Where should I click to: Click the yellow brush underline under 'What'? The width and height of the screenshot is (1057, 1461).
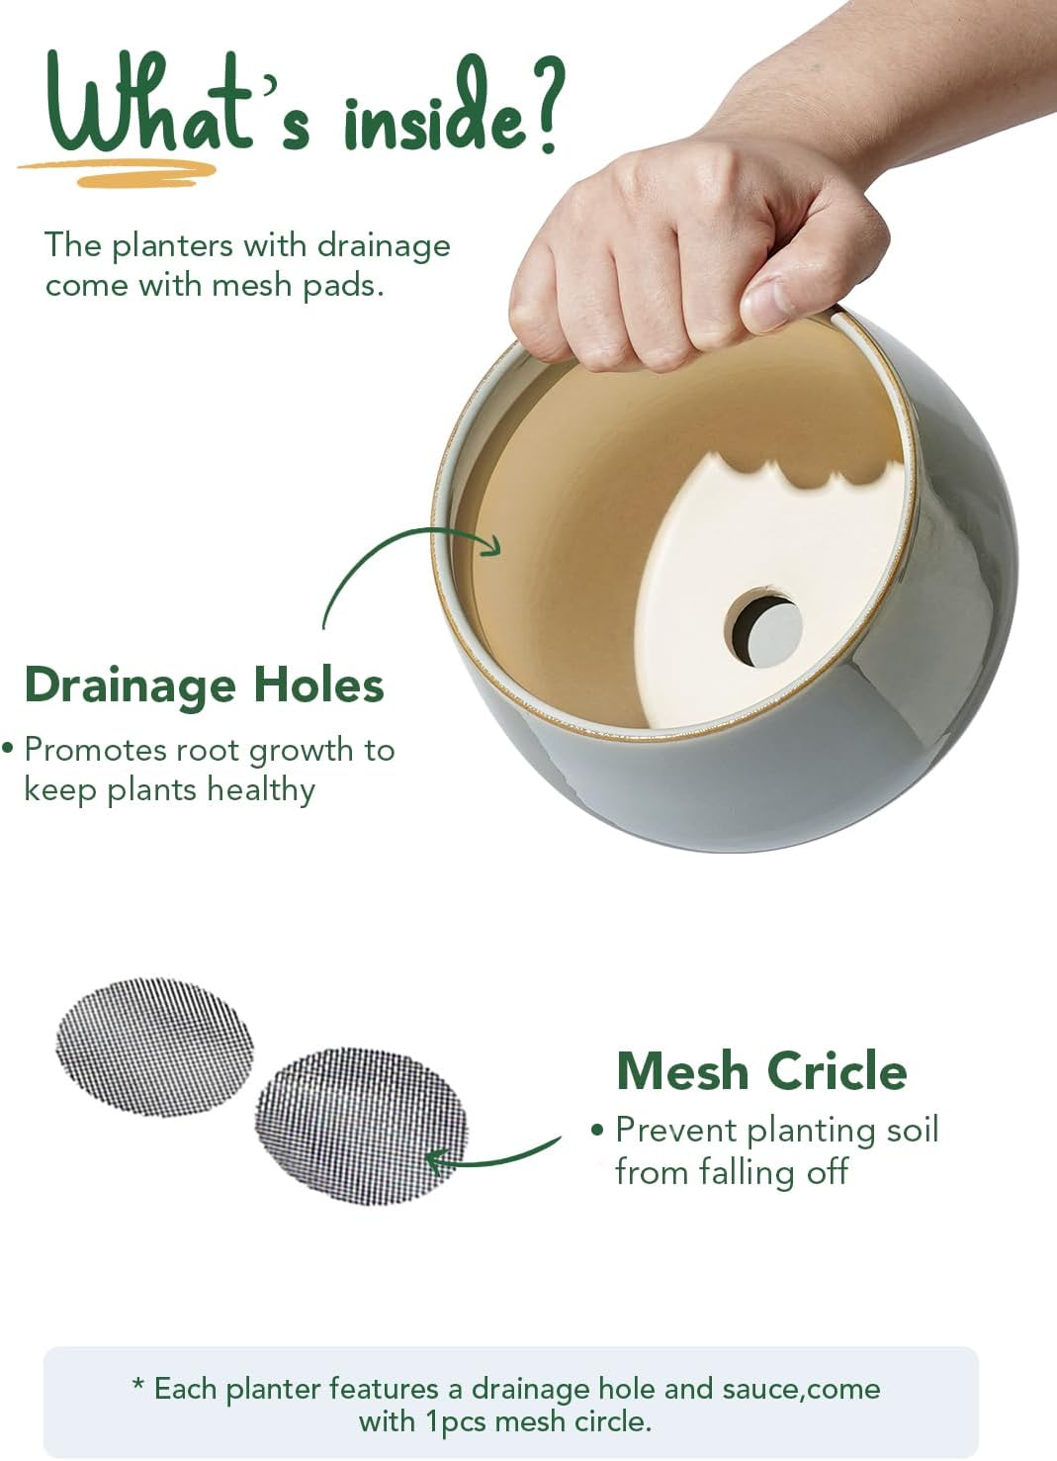pos(119,174)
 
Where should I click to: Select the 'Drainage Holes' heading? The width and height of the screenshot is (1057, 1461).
pos(204,685)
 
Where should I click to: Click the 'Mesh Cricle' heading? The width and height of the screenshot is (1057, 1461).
pos(761,1070)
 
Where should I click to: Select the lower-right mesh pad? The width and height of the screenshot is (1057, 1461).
pos(360,1126)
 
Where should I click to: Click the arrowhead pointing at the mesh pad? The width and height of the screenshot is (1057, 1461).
pos(435,1159)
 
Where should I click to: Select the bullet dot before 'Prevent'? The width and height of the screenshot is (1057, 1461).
pos(596,1130)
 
